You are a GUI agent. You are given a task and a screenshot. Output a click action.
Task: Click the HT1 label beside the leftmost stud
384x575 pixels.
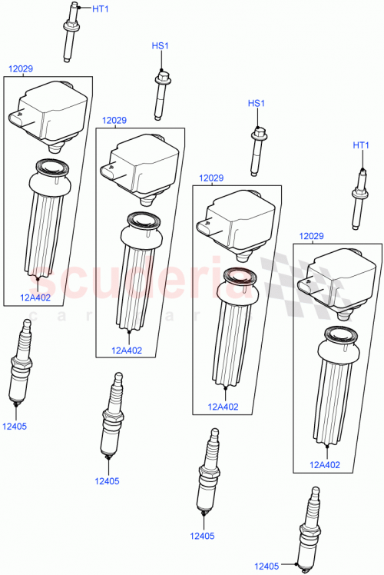[x=101, y=8]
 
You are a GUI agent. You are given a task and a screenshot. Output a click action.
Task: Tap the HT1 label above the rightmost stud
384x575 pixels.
[x=361, y=145]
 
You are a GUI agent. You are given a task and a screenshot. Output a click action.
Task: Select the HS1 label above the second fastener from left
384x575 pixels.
[x=160, y=47]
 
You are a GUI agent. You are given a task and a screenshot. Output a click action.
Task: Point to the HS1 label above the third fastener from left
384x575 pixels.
[x=256, y=104]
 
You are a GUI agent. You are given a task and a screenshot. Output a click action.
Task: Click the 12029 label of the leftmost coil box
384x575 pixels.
[x=20, y=69]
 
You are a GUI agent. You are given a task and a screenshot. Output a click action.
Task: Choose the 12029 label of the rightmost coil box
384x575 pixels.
[x=310, y=236]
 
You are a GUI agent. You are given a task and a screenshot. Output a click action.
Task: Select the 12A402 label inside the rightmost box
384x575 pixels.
[x=324, y=464]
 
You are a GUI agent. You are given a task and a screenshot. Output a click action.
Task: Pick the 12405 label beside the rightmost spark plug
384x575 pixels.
[x=268, y=566]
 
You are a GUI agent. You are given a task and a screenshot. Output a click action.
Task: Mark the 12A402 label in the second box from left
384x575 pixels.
[x=127, y=350]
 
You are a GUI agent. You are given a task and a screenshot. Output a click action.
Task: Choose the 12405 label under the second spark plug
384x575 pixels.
[x=107, y=481]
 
